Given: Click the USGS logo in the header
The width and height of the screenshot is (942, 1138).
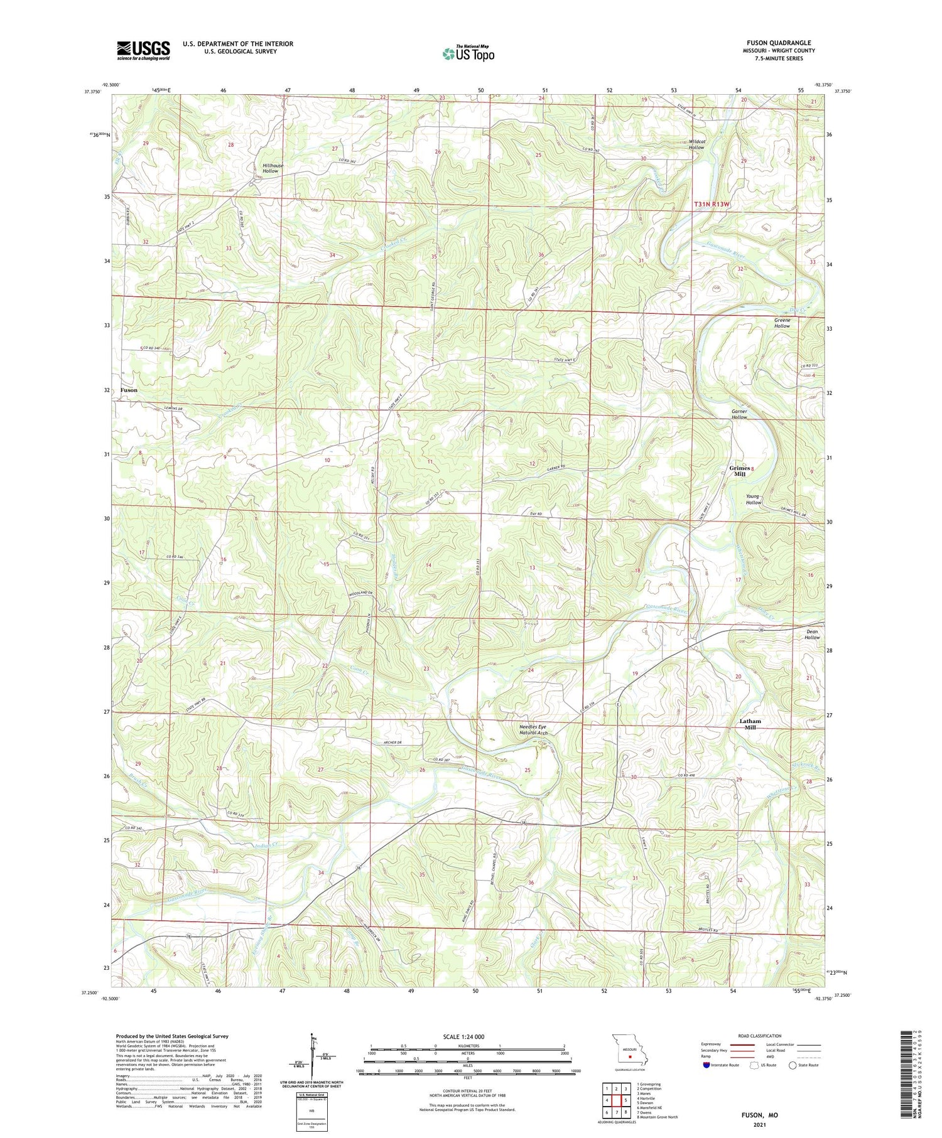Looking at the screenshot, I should click(143, 50).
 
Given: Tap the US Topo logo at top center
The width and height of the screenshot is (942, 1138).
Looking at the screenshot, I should click(468, 53).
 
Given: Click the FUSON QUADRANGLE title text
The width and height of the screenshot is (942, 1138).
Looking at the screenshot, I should click(778, 43).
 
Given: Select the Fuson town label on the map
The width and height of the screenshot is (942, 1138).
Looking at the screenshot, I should click(129, 390).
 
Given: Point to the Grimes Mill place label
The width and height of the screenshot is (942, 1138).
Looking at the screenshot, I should click(739, 471).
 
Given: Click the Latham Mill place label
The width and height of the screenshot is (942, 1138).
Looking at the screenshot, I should click(750, 724).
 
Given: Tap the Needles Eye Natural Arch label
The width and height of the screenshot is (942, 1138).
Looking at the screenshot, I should click(533, 730).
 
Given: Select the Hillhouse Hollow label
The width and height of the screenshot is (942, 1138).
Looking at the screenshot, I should click(273, 168).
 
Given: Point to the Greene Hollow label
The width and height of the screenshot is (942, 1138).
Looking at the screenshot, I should click(782, 323).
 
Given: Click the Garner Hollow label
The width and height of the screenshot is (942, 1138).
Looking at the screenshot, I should click(739, 414).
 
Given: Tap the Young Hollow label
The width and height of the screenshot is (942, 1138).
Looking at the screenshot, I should click(753, 500).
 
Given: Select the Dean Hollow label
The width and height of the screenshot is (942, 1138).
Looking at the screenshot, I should click(812, 635).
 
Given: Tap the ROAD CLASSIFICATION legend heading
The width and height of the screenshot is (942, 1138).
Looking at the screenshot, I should click(760, 1036).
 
